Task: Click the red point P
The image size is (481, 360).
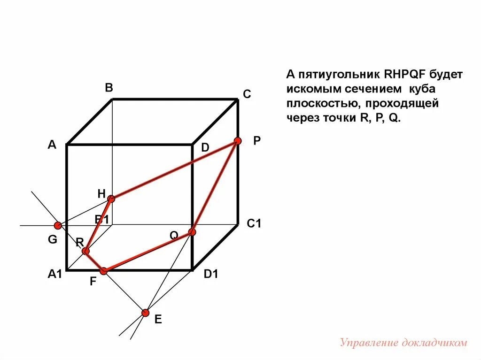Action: coord(238,141)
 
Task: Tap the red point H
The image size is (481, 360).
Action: coord(111,199)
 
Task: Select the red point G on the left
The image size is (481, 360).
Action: coord(57,225)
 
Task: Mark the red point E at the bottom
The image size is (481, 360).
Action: coord(145,313)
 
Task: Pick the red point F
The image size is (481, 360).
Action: coord(104,271)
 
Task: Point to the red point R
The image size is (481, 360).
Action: coord(85,251)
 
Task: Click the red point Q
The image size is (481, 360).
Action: coord(192,232)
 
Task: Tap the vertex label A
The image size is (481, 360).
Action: coord(52,145)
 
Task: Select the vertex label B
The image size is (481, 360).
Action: coord(109,88)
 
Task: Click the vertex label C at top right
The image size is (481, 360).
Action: coord(247,94)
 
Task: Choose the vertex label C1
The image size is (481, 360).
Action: coord(254,224)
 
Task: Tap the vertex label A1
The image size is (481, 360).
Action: coord(55,275)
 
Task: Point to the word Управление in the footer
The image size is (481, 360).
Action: coord(369,343)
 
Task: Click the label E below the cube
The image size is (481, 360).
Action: coord(158,320)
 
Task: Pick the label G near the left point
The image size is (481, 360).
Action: coord(52,240)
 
